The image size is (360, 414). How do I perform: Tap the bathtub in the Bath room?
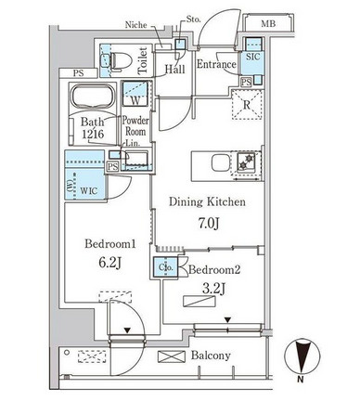93,97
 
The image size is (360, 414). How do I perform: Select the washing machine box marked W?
135,94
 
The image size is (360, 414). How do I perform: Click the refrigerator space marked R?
247,105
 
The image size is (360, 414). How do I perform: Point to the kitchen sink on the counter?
220,162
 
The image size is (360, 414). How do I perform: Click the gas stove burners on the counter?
246,162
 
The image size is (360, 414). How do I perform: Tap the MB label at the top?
268,23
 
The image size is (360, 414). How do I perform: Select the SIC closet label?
253,57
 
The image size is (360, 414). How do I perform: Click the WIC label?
89,190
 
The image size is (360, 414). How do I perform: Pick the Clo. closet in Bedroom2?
165,266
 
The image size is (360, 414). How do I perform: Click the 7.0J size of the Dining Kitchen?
209,224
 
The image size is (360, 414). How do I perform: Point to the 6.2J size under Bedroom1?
109,263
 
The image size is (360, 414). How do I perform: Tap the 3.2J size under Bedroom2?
213,289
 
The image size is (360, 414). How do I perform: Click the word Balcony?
211,356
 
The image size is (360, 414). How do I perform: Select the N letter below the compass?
300,379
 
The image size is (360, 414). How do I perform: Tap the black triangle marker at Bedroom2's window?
228,320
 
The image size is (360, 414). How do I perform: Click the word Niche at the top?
135,25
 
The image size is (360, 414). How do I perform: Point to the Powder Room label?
135,126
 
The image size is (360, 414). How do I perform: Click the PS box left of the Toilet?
79,73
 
